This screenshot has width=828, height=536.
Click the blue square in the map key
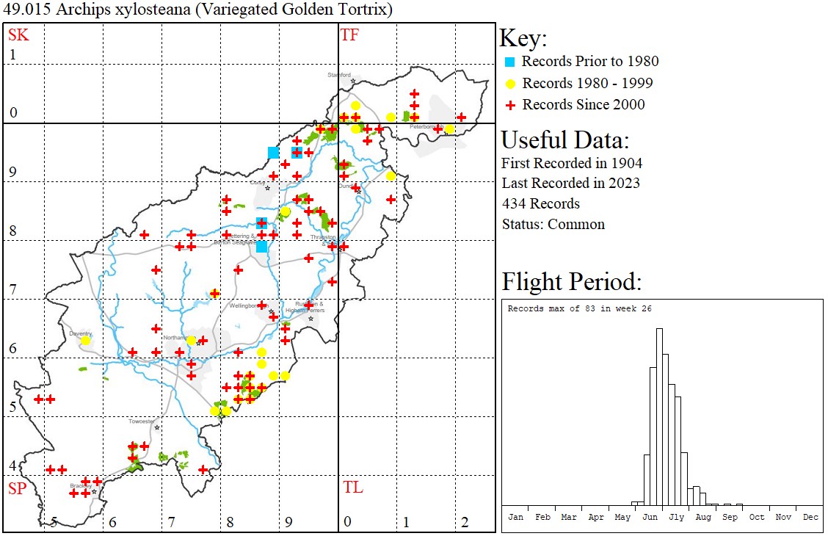(x=510, y=62)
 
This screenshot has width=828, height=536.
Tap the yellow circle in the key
(x=510, y=84)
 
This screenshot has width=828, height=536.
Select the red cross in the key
(x=510, y=105)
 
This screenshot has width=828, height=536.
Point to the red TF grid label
(x=349, y=35)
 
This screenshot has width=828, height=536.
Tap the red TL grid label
(x=352, y=488)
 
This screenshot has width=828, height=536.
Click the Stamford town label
(x=339, y=75)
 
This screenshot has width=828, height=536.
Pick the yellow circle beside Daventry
(x=85, y=341)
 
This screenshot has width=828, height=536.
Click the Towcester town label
(x=142, y=421)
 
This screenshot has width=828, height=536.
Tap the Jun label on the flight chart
(x=650, y=517)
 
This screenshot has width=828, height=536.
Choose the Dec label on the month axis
(x=810, y=517)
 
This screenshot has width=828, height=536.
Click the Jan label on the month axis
(x=516, y=517)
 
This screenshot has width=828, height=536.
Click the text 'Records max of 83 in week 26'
(x=580, y=309)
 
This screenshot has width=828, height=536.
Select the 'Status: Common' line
(x=553, y=224)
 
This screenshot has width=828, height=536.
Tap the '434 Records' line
(x=540, y=203)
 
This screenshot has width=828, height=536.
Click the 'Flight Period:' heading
(x=572, y=281)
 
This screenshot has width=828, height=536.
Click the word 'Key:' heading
(x=523, y=38)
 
